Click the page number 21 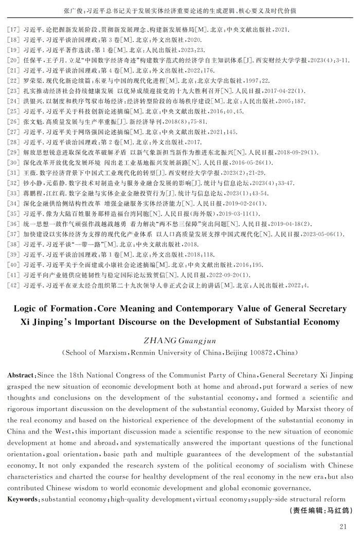[344, 526]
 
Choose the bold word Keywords [22, 499]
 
